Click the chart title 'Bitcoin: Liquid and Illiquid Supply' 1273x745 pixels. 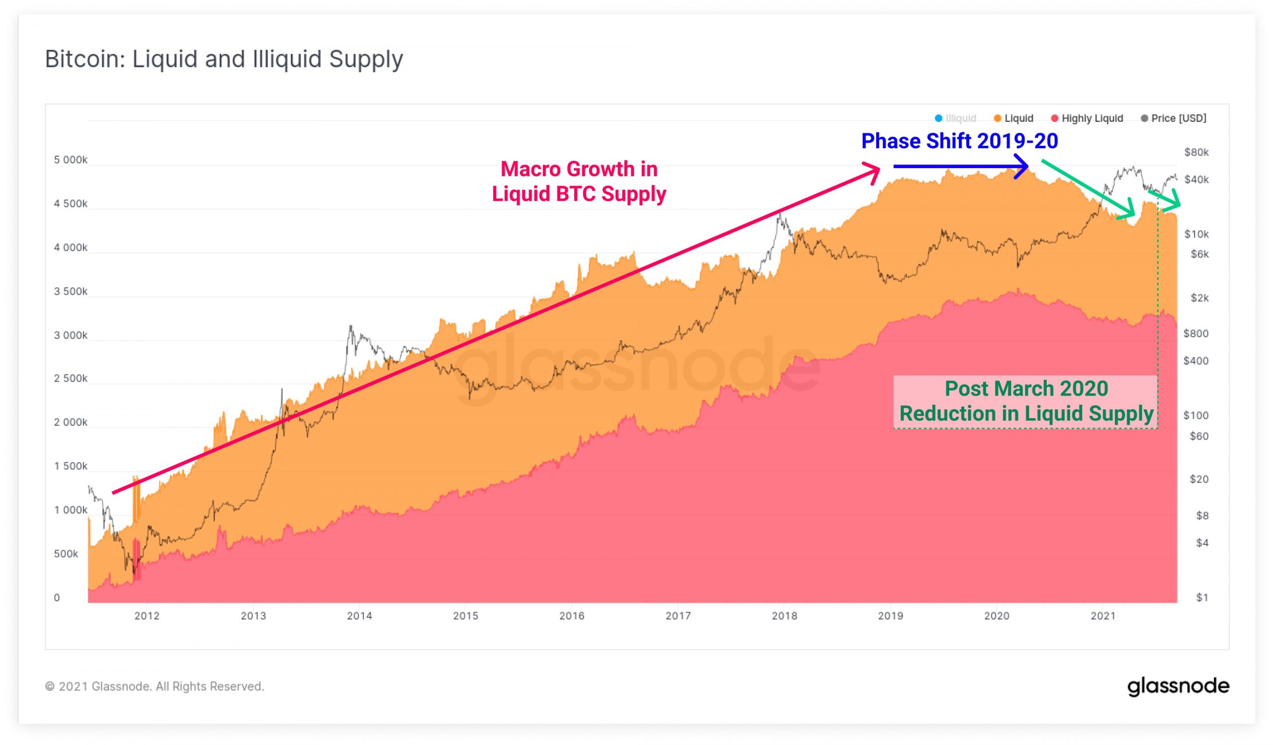224,59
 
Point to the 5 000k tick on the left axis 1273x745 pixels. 71,160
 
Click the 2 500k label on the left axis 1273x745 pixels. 71,378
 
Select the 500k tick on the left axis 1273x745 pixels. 66,554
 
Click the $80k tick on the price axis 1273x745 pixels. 1196,152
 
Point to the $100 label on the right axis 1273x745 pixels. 1196,415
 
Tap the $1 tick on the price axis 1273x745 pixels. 1202,597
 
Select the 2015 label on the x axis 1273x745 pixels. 465,616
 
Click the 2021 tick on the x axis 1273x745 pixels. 1103,616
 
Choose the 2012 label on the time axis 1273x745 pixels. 147,616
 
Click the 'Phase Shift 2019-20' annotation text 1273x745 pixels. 959,141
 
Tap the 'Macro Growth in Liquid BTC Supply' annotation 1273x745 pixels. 579,182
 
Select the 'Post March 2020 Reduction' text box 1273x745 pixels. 1025,401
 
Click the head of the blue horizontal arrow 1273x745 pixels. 1023,166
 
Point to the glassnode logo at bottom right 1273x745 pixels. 1178,686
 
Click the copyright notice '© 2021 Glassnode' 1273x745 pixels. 155,686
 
